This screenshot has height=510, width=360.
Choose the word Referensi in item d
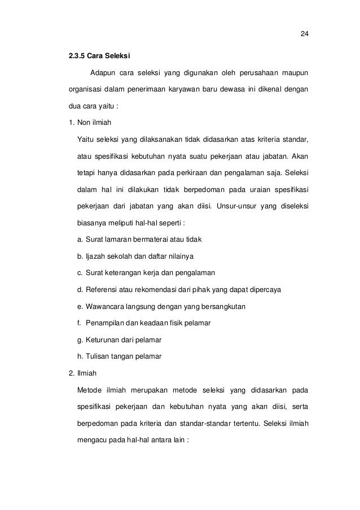click(x=102, y=290)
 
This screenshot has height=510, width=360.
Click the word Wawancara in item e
click(x=106, y=306)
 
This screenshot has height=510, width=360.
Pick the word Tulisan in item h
click(x=96, y=356)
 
